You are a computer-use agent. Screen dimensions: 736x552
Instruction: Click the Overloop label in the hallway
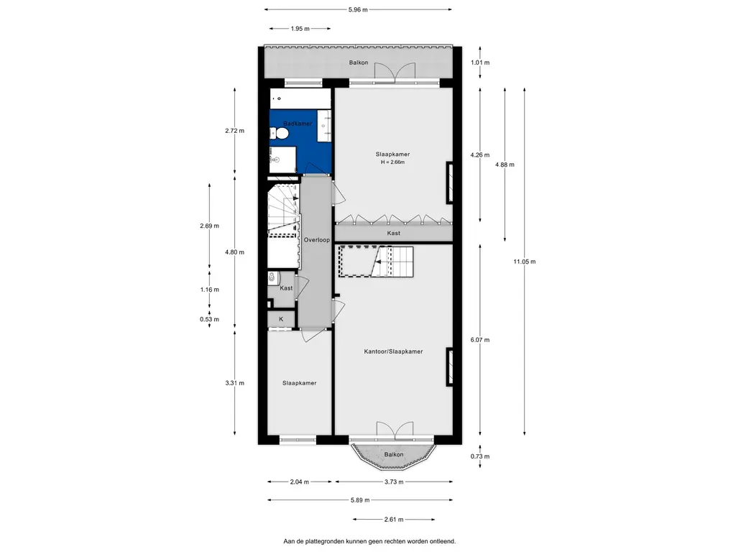click(316, 240)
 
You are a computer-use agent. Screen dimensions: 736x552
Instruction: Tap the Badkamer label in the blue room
click(298, 124)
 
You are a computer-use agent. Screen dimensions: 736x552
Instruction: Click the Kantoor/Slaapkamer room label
click(393, 351)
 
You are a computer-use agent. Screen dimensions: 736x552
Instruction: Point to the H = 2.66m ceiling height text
click(392, 162)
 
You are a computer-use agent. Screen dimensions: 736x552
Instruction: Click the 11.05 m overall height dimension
click(524, 262)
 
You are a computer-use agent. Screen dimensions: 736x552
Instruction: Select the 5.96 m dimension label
click(358, 9)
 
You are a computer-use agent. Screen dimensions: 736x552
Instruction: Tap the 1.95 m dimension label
click(300, 29)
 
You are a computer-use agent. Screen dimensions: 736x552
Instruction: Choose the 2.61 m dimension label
click(394, 519)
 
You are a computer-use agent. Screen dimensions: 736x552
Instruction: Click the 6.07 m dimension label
click(479, 340)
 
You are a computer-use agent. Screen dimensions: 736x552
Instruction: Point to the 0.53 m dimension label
click(209, 319)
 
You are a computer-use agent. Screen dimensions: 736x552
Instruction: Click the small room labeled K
click(281, 319)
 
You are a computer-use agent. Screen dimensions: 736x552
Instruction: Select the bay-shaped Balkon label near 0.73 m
click(393, 454)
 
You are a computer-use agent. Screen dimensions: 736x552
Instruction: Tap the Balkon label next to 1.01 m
click(358, 63)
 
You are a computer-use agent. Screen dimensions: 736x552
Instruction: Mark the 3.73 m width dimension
click(394, 482)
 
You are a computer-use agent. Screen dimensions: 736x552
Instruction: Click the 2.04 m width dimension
click(300, 482)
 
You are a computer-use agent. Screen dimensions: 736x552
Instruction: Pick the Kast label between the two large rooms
click(393, 233)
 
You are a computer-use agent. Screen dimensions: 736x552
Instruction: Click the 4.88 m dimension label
click(505, 165)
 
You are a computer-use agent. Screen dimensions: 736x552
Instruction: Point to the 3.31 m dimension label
click(235, 383)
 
